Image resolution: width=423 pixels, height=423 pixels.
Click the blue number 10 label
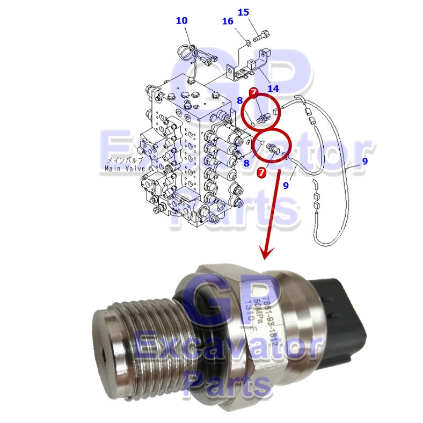pos(181,21)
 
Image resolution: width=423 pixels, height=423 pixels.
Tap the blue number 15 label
pos(243,12)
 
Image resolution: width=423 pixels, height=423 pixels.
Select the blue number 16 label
pos(228,21)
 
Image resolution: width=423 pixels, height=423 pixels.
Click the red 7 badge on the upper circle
pos(253,92)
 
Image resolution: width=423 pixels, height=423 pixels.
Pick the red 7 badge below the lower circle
pos(262,172)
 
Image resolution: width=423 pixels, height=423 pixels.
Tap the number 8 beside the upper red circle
pos(240,100)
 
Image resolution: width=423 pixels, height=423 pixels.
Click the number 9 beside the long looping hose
pos(364,161)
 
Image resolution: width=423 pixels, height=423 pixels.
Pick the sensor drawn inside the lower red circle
pos(274,149)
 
